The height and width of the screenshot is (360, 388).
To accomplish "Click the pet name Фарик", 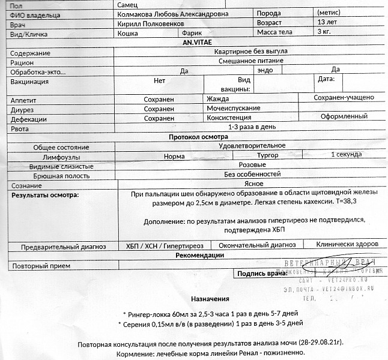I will tap(192, 33).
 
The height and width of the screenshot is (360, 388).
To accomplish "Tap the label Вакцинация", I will tap(29, 82).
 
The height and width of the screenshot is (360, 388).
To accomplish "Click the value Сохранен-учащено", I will tap(344, 98).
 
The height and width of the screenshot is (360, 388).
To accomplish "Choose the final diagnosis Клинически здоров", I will tap(347, 245).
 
